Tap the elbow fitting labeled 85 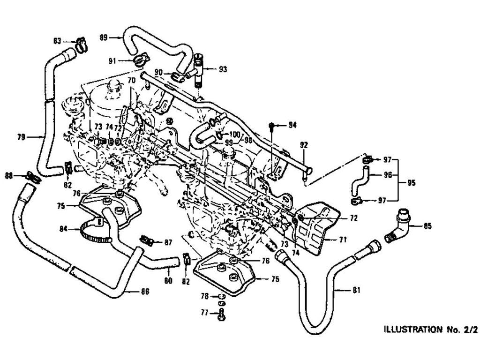(398, 227)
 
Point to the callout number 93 (222, 69)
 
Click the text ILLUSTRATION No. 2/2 (430, 329)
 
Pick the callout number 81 (356, 290)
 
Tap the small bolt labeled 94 (272, 125)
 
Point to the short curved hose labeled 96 (360, 180)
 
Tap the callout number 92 (304, 145)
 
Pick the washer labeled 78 (221, 297)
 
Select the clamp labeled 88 (32, 177)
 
